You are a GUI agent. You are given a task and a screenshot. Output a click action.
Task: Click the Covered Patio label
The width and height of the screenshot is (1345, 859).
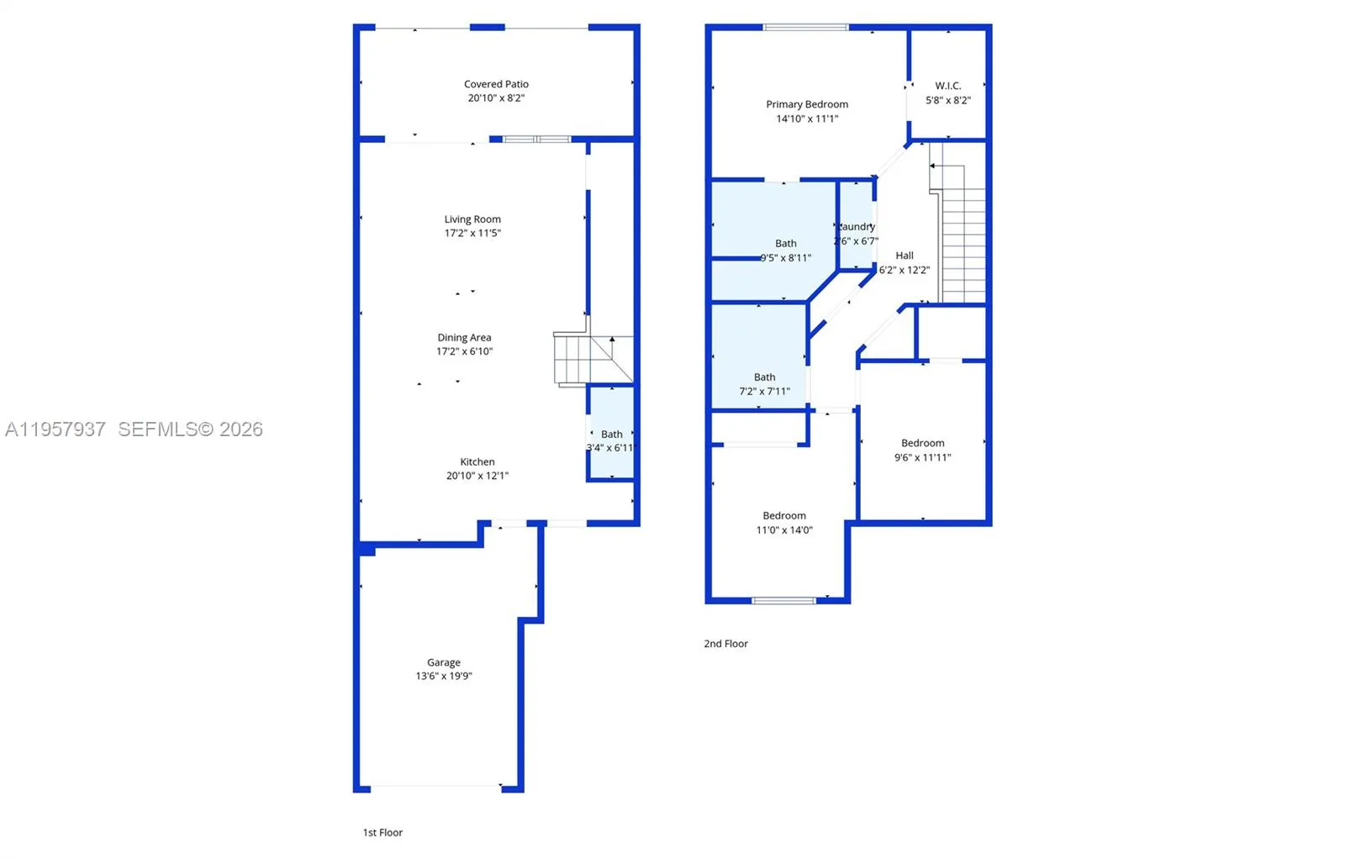tap(496, 84)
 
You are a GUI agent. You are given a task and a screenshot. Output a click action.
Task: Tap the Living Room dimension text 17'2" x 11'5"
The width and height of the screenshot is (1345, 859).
tap(472, 233)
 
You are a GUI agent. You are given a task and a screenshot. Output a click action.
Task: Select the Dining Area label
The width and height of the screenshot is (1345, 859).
tap(464, 338)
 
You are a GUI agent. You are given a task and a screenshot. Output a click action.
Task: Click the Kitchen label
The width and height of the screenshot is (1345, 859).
tap(477, 462)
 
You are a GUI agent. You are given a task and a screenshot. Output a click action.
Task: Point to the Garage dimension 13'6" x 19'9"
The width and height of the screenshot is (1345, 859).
tap(444, 676)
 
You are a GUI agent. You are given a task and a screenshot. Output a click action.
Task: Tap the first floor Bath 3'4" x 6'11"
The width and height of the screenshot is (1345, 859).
tap(611, 441)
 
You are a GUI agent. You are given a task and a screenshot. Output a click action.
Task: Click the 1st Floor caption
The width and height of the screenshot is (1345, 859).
tap(382, 832)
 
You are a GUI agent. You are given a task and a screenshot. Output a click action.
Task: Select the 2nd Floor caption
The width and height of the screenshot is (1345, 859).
tap(725, 644)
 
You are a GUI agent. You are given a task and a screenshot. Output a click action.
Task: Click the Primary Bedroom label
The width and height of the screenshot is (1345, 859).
tap(807, 104)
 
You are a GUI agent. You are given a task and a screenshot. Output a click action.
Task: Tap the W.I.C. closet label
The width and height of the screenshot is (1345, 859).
tap(947, 86)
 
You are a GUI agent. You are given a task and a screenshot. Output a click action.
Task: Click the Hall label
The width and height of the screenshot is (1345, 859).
tap(905, 256)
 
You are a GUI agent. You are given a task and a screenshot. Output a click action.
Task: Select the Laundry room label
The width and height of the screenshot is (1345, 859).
tap(857, 227)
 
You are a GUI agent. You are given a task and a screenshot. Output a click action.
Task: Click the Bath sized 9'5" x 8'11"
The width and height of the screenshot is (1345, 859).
tap(785, 250)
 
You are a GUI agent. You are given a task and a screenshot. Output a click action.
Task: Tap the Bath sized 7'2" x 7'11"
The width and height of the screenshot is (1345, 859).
tap(764, 384)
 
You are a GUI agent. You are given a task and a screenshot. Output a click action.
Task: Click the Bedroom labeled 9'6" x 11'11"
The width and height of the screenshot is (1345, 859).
tap(922, 450)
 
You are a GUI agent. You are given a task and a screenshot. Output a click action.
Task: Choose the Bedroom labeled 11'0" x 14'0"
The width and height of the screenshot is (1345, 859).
tap(783, 522)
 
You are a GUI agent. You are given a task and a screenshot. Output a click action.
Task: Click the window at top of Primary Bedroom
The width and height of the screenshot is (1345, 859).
tap(805, 28)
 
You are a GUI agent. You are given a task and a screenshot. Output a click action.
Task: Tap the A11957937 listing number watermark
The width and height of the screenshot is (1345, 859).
tap(55, 429)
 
